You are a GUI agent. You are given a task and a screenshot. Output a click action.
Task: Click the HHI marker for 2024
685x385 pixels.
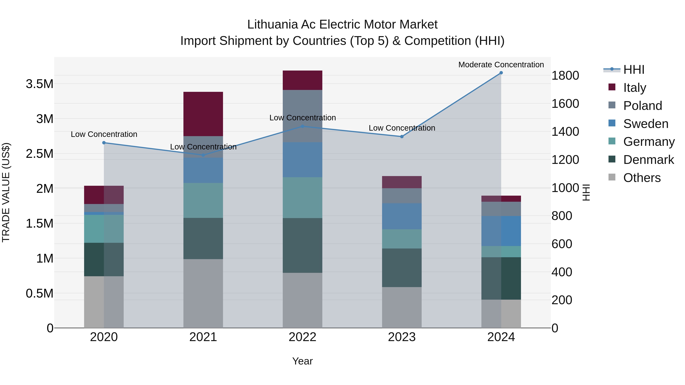pyautogui.click(x=501, y=73)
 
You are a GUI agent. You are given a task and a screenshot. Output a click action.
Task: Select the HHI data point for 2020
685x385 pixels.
pyautogui.click(x=104, y=143)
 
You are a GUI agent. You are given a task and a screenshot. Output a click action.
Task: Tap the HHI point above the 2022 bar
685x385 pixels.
pyautogui.click(x=302, y=126)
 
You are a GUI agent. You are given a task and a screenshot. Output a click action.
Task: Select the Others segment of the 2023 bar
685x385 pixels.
pyautogui.click(x=402, y=307)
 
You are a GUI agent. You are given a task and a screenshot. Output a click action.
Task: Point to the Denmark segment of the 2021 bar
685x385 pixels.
pyautogui.click(x=203, y=238)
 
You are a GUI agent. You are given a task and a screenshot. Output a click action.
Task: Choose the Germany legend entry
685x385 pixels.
pyautogui.click(x=649, y=142)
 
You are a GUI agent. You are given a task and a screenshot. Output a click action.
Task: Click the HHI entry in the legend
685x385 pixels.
pyautogui.click(x=634, y=70)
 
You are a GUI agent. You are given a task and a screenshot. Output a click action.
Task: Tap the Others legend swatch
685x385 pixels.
pyautogui.click(x=612, y=177)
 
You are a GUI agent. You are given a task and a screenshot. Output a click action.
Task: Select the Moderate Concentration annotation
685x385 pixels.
pyautogui.click(x=501, y=65)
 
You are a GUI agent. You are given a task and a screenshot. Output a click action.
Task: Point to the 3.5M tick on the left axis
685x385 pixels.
pyautogui.click(x=39, y=84)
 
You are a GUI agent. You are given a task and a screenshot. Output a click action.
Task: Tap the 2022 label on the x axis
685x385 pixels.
pyautogui.click(x=302, y=337)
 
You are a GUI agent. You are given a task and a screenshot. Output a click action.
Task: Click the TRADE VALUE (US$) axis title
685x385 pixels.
pyautogui.click(x=6, y=192)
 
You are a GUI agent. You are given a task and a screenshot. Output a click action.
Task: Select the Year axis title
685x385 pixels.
pyautogui.click(x=302, y=361)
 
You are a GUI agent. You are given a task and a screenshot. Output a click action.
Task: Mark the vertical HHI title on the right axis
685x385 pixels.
pyautogui.click(x=586, y=192)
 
